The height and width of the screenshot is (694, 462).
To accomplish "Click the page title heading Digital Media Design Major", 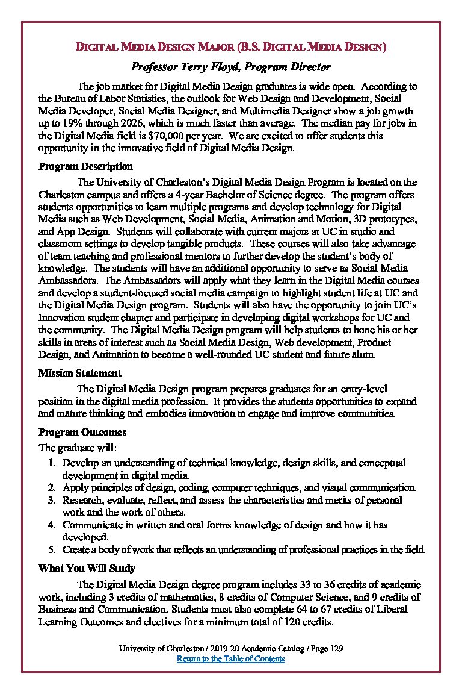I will [230, 46].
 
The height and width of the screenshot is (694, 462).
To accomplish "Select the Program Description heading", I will [85, 166].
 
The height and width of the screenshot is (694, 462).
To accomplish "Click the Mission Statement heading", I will [79, 374].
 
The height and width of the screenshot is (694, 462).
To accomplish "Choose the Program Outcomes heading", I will [82, 432].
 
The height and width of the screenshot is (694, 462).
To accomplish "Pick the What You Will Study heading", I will [87, 568].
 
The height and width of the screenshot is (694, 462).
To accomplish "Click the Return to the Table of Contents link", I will [230, 658].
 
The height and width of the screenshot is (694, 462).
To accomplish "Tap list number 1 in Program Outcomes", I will [51, 463].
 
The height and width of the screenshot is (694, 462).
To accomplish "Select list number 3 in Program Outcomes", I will [51, 500].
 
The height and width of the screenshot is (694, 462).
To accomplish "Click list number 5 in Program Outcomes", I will [51, 549].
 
